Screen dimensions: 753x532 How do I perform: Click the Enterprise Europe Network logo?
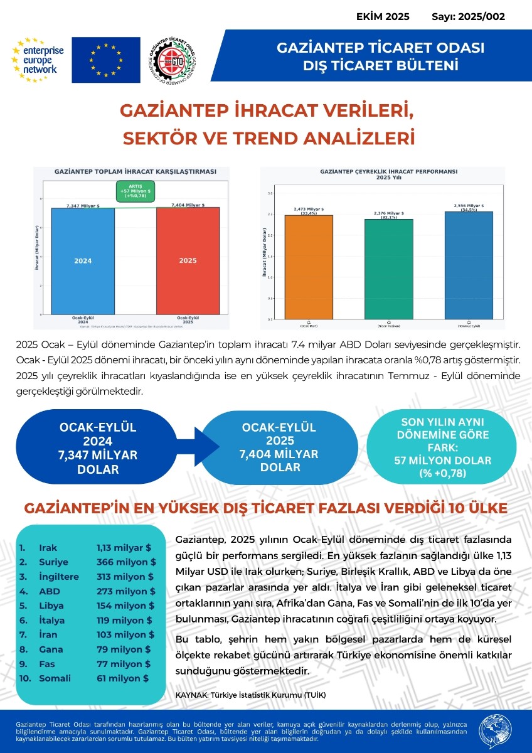pyautogui.click(x=36, y=60)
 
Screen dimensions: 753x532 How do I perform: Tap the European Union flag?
pyautogui.click(x=105, y=60)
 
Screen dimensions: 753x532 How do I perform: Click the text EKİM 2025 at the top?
pyautogui.click(x=383, y=17)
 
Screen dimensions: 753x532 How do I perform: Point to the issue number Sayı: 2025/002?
pyautogui.click(x=468, y=17)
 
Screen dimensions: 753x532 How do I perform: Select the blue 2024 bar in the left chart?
pyautogui.click(x=83, y=260)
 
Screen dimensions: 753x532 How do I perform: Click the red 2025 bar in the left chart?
pyautogui.click(x=189, y=260)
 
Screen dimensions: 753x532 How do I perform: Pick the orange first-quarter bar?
pyautogui.click(x=309, y=267)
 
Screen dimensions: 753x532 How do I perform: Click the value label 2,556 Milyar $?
pyautogui.click(x=468, y=205)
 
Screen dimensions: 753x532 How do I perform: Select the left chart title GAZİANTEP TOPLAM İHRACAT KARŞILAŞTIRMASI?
pyautogui.click(x=136, y=171)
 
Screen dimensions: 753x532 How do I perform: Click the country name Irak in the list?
pyautogui.click(x=48, y=548)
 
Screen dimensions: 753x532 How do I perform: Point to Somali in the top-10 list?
pyautogui.click(x=55, y=678)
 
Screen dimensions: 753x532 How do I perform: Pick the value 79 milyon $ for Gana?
pyautogui.click(x=124, y=649)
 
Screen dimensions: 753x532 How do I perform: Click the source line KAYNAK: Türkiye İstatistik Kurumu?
pyautogui.click(x=251, y=695)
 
